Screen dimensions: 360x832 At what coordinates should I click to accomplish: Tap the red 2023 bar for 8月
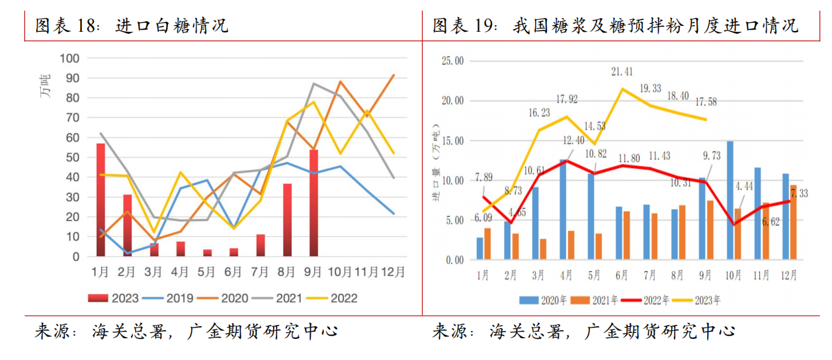click(x=287, y=220)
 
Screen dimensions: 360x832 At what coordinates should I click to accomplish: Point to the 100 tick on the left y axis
click(x=69, y=58)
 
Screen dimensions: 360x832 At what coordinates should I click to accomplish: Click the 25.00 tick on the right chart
click(x=454, y=61)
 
